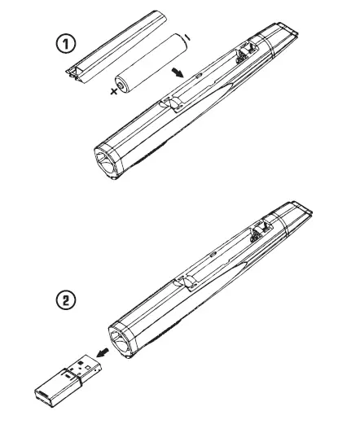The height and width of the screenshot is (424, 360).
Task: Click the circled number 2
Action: [x=65, y=300]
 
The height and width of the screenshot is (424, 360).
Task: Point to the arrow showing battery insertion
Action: [x=176, y=72]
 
